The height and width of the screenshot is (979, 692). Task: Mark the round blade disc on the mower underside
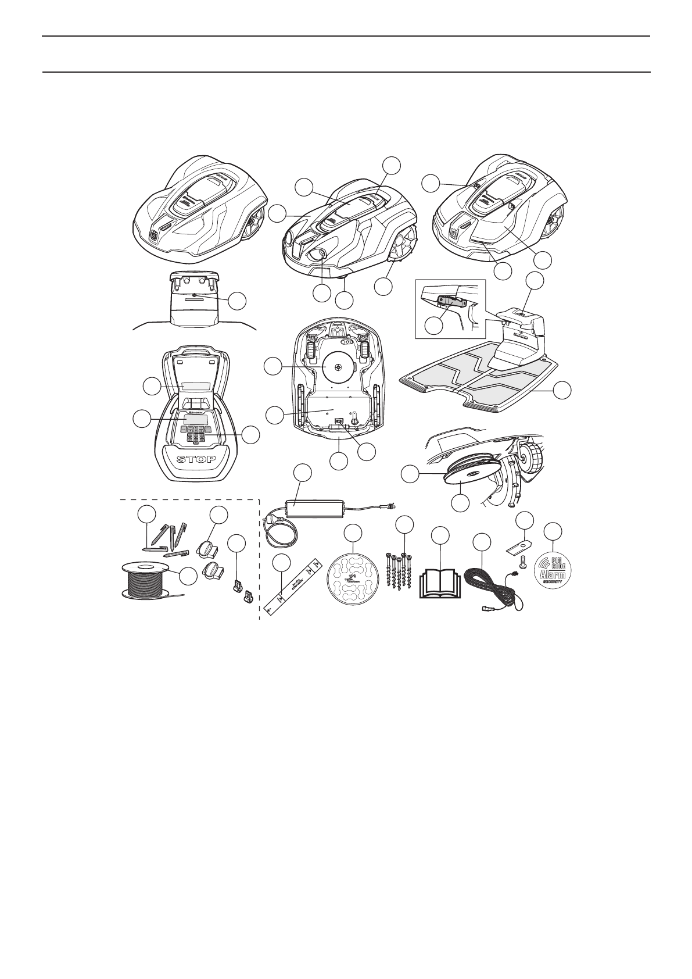click(338, 365)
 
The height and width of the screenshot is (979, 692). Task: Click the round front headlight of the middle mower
click(318, 254)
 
